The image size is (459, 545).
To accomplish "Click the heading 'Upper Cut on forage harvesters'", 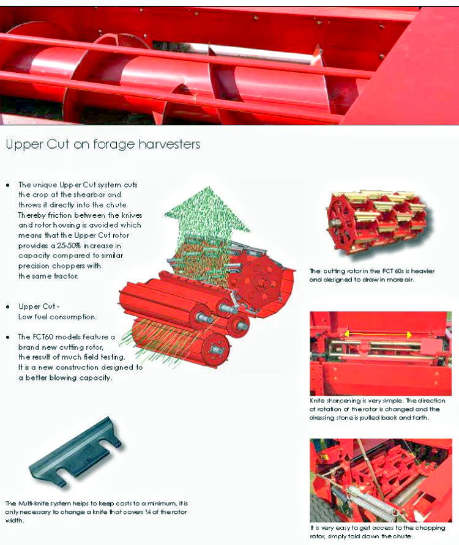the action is (x=103, y=144).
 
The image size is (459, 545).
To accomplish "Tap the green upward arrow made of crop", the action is (x=207, y=213).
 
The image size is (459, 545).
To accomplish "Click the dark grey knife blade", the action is (x=76, y=451).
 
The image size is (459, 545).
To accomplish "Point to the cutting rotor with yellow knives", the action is (x=377, y=224).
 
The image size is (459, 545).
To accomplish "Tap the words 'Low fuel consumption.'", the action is (x=58, y=317).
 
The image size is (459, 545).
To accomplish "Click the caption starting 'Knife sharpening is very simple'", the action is (x=377, y=409).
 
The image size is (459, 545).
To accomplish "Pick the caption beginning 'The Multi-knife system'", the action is (x=97, y=511).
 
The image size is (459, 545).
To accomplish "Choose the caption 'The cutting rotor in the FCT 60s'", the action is (x=372, y=275).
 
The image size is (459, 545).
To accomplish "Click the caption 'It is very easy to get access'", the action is (x=378, y=532).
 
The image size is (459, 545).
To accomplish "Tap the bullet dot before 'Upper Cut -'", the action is (x=8, y=307).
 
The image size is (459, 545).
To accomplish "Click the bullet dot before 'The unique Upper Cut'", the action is (x=8, y=185).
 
